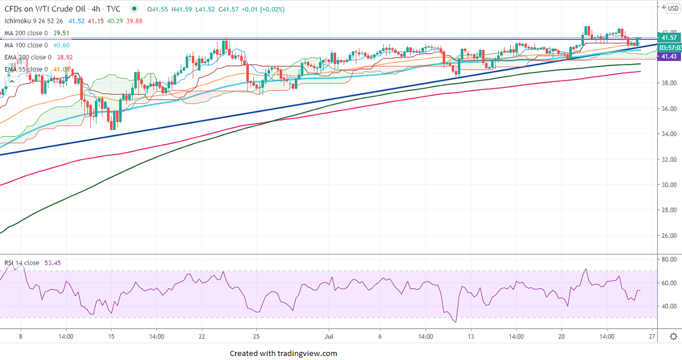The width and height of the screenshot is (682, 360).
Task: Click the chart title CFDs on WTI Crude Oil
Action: [44, 9]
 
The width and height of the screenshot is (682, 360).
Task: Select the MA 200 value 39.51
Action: [60, 33]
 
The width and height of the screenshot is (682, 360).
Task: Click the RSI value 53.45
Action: [53, 263]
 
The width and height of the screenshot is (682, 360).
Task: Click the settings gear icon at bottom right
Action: [673, 337]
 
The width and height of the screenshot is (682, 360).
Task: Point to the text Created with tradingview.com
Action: [283, 353]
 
